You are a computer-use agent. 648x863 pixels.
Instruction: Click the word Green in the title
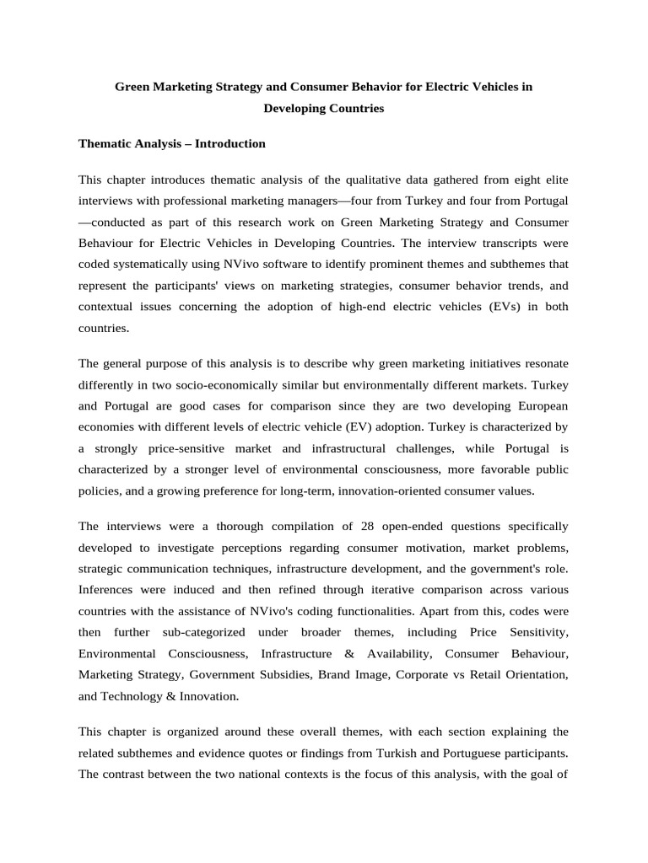pos(132,87)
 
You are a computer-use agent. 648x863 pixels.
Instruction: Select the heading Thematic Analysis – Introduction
pos(171,143)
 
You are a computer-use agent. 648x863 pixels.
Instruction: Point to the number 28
pos(368,526)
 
